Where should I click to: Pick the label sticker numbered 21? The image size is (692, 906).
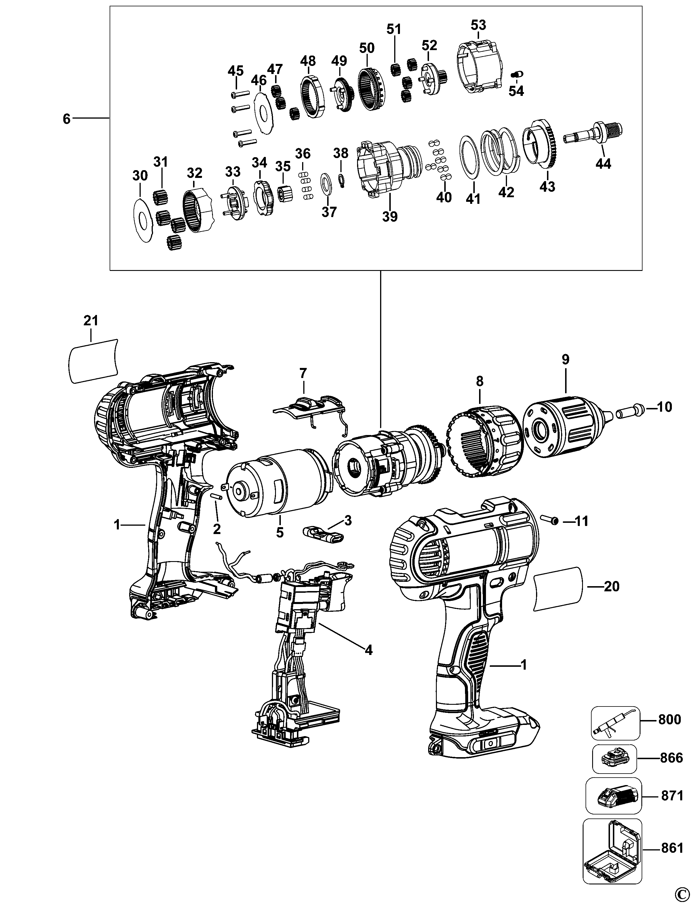[93, 361]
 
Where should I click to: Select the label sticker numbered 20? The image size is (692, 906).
[558, 587]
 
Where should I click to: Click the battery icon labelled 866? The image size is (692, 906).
[614, 758]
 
